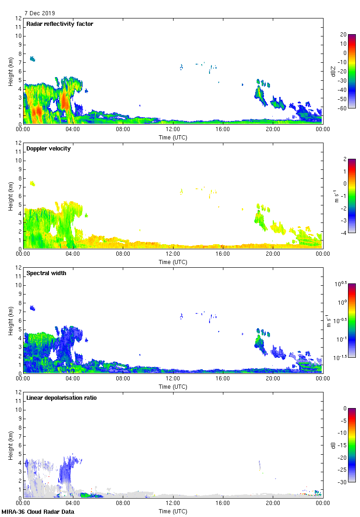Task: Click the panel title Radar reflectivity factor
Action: (x=60, y=24)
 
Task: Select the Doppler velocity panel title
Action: (x=48, y=149)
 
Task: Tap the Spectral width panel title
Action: (x=47, y=273)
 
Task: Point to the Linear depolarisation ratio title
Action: (x=61, y=398)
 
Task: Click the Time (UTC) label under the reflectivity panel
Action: (x=173, y=137)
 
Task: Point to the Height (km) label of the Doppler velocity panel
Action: (x=11, y=196)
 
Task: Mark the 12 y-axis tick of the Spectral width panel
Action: (x=18, y=268)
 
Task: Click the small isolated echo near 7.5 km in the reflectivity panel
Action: (x=32, y=59)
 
